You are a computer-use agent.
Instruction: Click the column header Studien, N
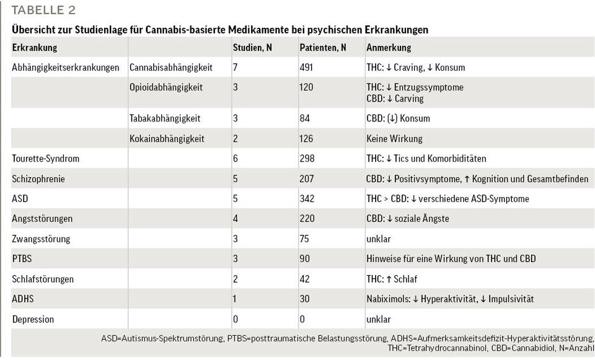(252, 48)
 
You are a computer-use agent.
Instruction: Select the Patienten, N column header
(323, 48)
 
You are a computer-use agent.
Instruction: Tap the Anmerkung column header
(389, 48)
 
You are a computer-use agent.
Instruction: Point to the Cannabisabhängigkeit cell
(171, 68)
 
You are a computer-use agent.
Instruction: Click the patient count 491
(307, 68)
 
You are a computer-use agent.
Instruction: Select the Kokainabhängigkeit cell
(167, 139)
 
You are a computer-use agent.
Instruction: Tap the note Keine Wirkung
(394, 139)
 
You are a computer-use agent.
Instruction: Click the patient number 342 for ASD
(307, 199)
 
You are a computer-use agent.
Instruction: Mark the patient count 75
(305, 239)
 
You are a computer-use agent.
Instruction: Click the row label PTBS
(22, 259)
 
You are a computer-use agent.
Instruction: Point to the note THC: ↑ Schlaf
(392, 279)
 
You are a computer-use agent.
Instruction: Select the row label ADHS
(23, 299)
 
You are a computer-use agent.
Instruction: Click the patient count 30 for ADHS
(305, 299)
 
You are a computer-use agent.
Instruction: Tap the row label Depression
(33, 320)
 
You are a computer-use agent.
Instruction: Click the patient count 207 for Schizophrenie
(307, 179)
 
